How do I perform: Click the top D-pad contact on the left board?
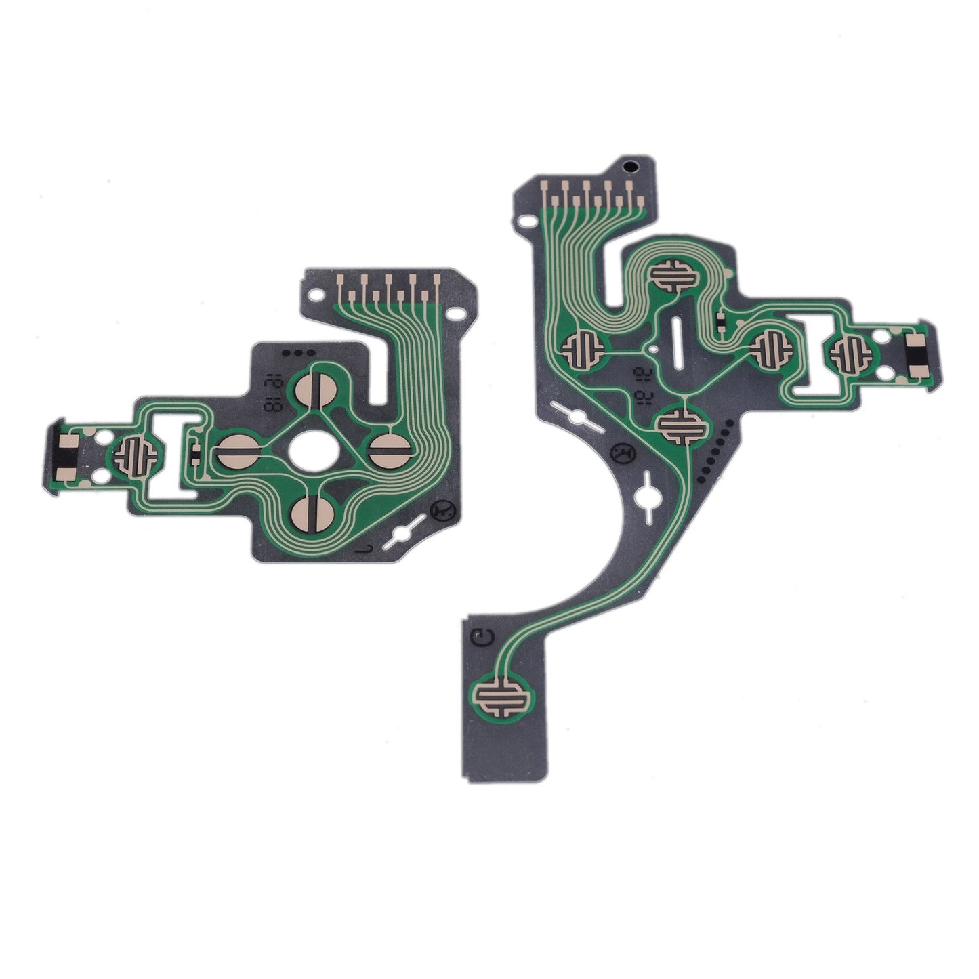(312, 386)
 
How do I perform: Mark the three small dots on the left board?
(296, 353)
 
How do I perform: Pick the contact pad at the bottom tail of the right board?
(502, 697)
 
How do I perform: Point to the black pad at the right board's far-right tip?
(917, 351)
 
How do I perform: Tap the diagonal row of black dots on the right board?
(715, 447)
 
